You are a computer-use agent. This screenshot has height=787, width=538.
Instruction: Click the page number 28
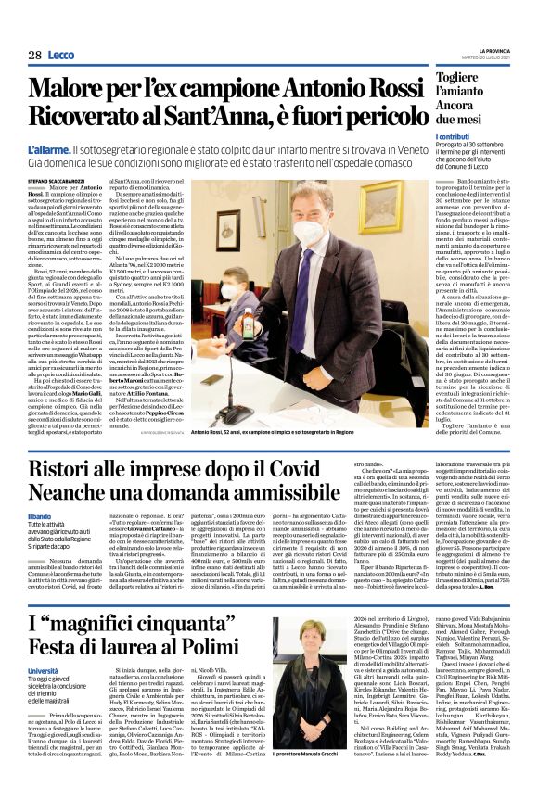[34, 56]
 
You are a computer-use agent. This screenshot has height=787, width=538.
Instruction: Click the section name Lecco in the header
[61, 56]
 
